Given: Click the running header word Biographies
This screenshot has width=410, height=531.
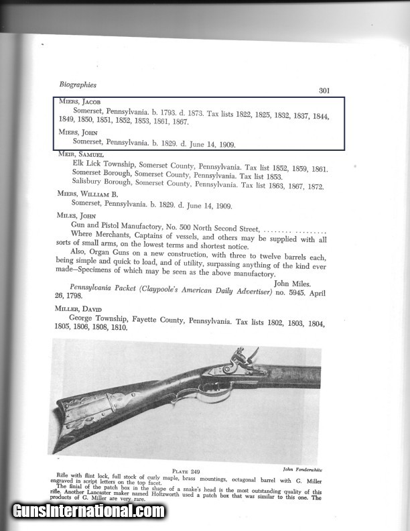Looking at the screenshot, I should pos(78,84).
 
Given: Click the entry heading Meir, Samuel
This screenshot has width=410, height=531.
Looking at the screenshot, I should pos(79,154).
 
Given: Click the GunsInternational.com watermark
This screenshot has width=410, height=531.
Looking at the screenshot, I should pos(88,511).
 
